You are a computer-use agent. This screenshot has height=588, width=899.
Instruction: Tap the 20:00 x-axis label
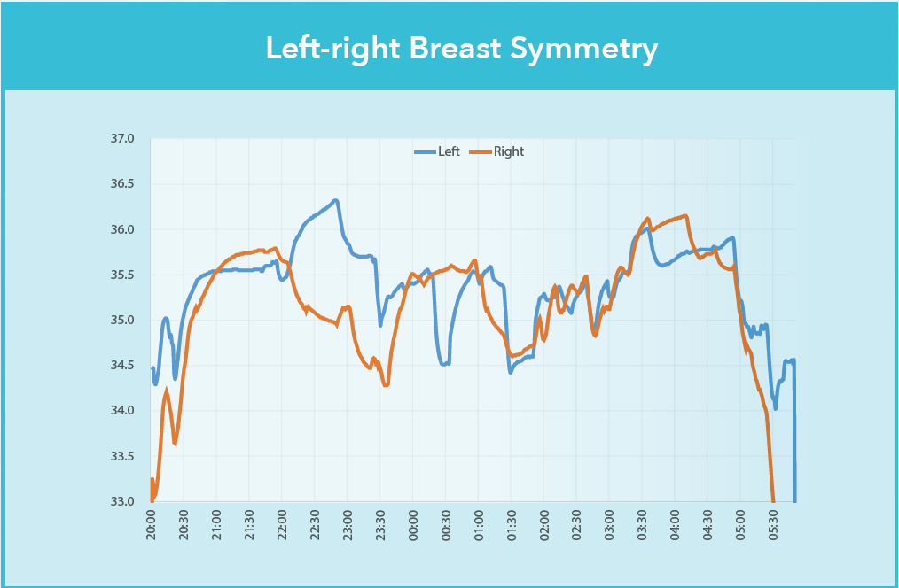click(x=152, y=523)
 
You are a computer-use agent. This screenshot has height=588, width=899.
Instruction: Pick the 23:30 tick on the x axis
click(x=380, y=523)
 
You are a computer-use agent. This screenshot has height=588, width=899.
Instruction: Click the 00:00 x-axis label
click(x=413, y=523)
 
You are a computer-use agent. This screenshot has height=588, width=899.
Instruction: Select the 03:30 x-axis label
click(x=642, y=523)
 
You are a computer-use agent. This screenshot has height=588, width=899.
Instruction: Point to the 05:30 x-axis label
click(x=773, y=523)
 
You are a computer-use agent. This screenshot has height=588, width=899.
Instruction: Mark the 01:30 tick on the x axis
click(x=511, y=523)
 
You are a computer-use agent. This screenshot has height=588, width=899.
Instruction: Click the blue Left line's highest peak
click(x=335, y=200)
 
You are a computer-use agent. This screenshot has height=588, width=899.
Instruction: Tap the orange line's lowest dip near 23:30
click(x=386, y=385)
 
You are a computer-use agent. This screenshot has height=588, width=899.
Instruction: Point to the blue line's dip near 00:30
click(x=443, y=364)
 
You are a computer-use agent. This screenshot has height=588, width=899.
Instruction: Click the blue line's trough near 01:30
click(x=511, y=372)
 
